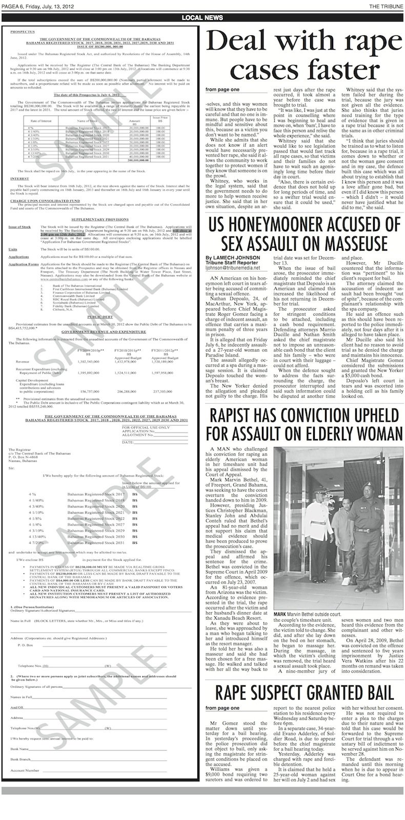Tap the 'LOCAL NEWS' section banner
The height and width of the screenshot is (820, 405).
point(202,18)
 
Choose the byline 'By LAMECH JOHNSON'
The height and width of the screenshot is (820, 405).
point(232,257)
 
